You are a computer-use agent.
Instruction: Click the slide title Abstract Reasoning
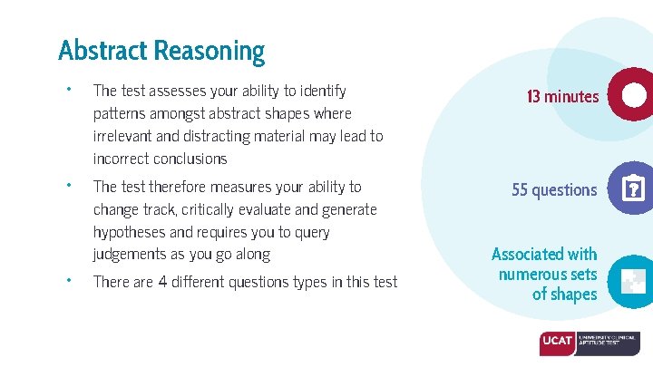(x=161, y=50)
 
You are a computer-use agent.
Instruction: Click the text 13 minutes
(x=562, y=96)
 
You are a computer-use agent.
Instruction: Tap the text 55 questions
(x=554, y=190)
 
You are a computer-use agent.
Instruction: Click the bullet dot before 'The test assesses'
(x=67, y=90)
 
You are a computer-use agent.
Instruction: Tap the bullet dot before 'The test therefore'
(x=67, y=186)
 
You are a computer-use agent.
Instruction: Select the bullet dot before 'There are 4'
(x=67, y=281)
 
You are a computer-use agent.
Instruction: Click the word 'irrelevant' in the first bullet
(x=124, y=136)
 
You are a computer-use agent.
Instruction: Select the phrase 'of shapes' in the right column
(x=564, y=295)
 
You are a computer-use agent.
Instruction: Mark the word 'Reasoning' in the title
(x=209, y=50)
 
